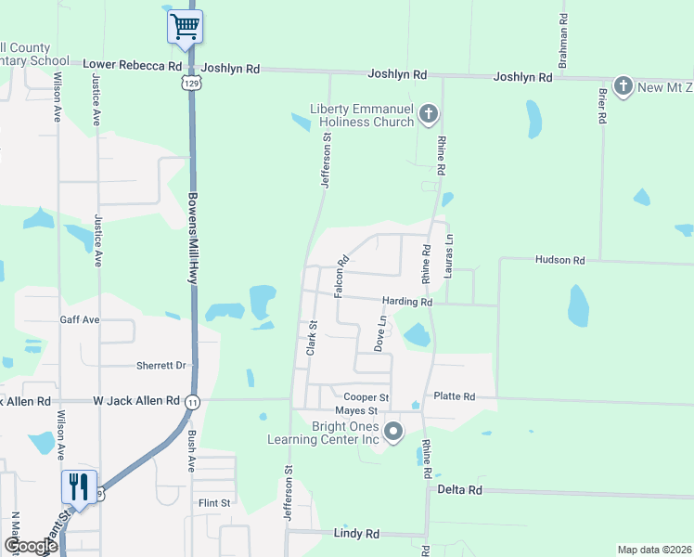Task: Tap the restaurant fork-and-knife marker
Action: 78,486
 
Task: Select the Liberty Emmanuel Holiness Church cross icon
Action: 428,114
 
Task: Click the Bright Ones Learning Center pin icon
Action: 393,432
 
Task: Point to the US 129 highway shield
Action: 190,84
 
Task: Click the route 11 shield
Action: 192,401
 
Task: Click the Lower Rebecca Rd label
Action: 133,66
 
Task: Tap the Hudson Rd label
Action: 560,261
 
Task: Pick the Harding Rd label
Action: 407,302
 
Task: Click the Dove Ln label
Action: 379,332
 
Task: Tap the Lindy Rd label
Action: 356,534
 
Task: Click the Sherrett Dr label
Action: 161,366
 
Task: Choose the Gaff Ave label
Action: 80,319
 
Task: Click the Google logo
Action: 31,546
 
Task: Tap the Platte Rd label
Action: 455,396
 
